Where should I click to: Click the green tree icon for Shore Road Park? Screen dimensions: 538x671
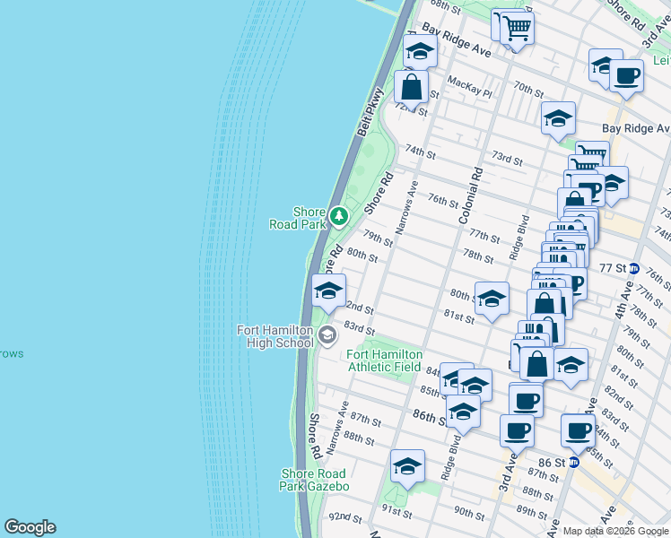338,215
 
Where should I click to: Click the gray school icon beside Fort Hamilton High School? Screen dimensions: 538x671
327,335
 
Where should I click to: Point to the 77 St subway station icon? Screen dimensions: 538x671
634,268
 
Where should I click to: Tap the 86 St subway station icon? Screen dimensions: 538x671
573,462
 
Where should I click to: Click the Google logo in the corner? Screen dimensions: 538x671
30,527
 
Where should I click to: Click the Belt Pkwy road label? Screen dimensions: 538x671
370,111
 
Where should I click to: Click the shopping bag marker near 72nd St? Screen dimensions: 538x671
412,88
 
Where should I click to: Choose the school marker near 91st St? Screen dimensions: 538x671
407,467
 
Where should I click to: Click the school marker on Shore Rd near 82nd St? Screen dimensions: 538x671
328,291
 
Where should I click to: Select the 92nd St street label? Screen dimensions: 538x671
344,517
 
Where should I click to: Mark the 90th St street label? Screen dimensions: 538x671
468,513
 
